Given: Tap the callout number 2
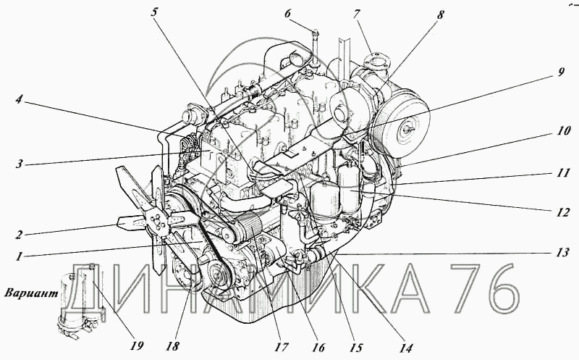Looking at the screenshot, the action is click(19, 235).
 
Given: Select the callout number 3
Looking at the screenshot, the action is click(20, 164).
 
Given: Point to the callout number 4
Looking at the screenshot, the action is click(20, 99).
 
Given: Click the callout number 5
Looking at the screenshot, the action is click(154, 12).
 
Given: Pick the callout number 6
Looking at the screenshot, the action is click(287, 14).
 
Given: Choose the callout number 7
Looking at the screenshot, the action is click(356, 14).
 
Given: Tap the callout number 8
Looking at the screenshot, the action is click(440, 14).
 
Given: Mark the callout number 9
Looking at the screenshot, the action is click(561, 72).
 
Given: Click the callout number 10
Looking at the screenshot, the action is click(564, 130).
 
